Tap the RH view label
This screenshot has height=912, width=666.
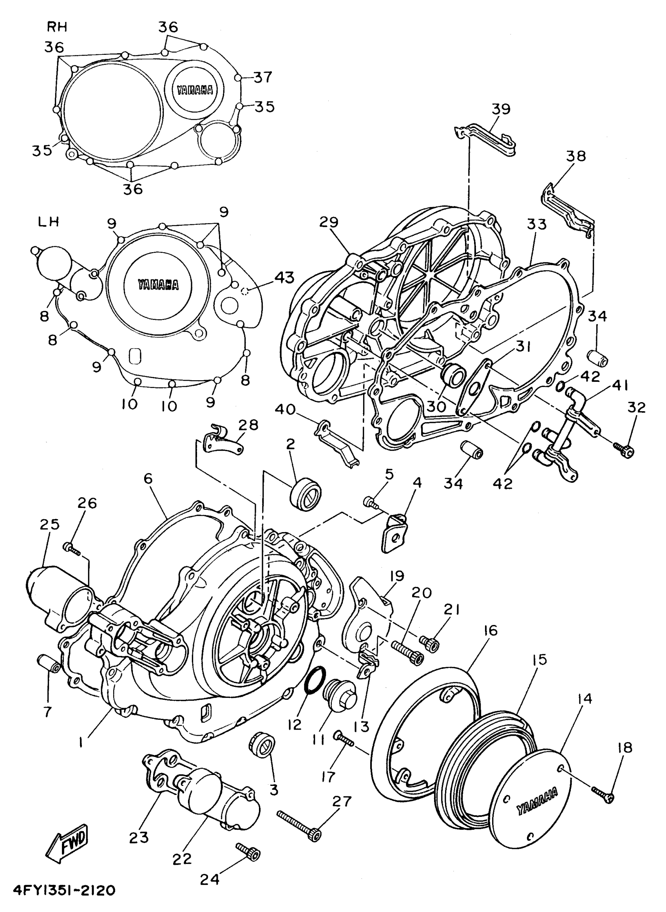(x=57, y=27)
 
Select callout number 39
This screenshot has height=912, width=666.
(x=501, y=109)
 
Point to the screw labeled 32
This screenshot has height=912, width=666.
(x=624, y=450)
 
